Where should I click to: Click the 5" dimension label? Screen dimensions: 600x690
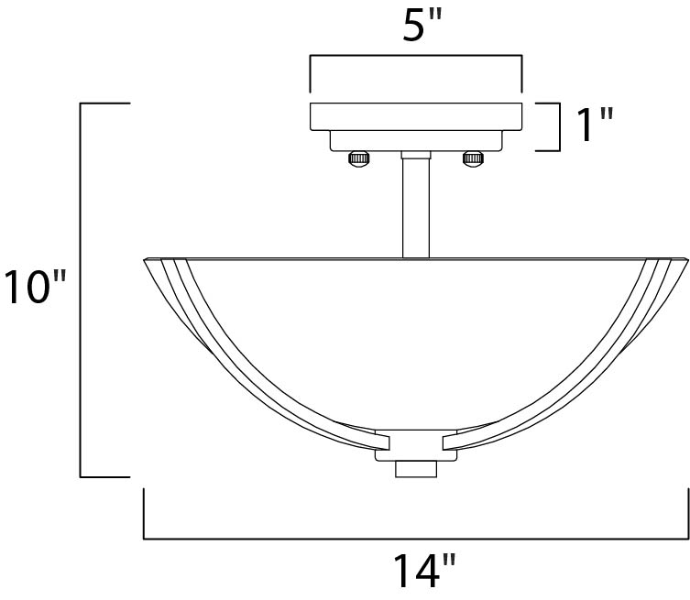(416, 27)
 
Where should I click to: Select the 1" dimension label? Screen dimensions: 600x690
(595, 125)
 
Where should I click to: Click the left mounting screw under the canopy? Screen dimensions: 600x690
(359, 159)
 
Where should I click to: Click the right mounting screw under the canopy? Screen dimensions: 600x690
(473, 159)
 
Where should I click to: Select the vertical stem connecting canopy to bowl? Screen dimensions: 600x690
(416, 206)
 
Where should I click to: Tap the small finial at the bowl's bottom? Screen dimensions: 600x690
(416, 468)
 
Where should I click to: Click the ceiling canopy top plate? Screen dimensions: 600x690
(416, 116)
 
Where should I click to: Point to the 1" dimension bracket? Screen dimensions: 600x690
(556, 125)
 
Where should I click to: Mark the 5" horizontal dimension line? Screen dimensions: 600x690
(416, 58)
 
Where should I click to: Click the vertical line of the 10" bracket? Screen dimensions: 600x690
(82, 290)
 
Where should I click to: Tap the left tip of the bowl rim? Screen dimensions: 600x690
(147, 261)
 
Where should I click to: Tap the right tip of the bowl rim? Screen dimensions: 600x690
(685, 261)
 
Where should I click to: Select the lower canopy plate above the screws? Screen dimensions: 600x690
(416, 140)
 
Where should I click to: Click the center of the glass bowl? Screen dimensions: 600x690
(416, 339)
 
